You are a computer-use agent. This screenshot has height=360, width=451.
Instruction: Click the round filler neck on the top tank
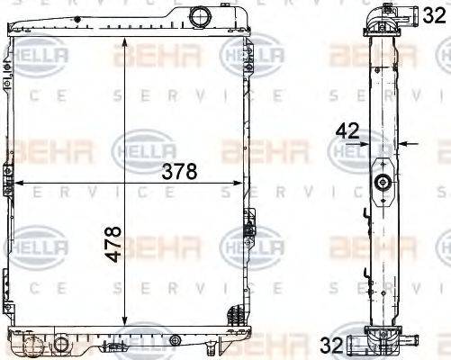tap(199, 15)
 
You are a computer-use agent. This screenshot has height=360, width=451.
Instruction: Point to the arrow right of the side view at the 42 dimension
tap(404, 142)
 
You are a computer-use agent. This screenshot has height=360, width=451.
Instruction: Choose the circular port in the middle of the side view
tap(383, 184)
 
